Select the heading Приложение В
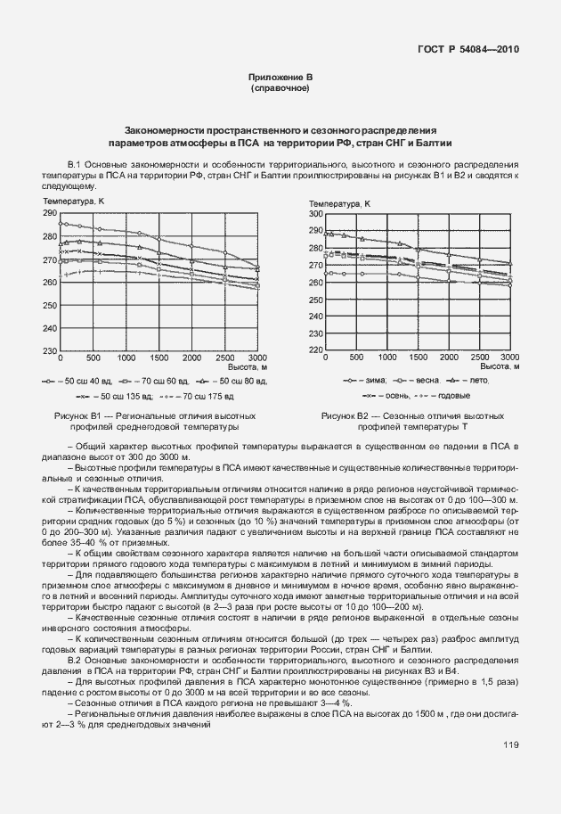280,78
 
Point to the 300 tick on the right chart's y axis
315,214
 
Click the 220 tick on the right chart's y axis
315,349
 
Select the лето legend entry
476,381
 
